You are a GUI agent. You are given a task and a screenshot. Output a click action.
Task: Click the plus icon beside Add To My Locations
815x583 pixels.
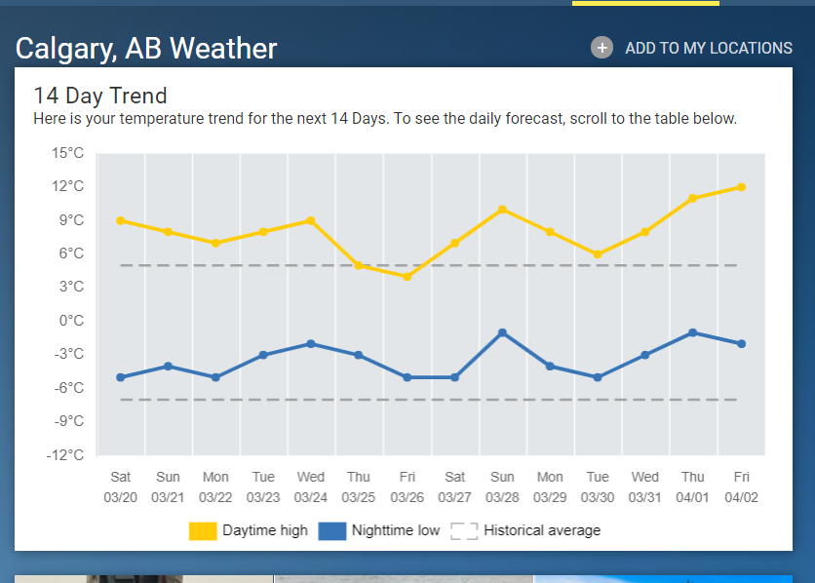tap(602, 48)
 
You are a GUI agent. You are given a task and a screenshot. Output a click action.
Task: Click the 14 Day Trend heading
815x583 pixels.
tap(100, 96)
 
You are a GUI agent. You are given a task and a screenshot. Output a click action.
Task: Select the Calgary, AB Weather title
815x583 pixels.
tap(146, 48)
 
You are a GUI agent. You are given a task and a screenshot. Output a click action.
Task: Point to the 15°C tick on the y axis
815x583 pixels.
tap(68, 153)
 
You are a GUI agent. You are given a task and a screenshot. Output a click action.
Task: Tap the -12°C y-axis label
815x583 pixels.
tap(66, 455)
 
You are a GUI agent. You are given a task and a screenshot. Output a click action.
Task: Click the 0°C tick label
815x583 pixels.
tap(71, 321)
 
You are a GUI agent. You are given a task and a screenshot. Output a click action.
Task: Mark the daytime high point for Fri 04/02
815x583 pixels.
tap(741, 187)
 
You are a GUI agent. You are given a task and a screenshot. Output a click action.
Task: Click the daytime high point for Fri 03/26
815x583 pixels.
tap(407, 277)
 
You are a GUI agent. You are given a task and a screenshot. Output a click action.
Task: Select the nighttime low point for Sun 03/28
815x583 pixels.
tap(502, 332)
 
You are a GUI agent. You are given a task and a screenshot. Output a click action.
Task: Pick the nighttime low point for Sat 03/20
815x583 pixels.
tap(120, 377)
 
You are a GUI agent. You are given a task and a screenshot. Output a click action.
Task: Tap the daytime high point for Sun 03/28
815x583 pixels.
tap(502, 210)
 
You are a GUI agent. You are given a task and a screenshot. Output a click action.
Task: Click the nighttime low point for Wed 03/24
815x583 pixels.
tap(311, 343)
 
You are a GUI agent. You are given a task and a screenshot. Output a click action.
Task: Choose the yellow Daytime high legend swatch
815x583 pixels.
tap(203, 530)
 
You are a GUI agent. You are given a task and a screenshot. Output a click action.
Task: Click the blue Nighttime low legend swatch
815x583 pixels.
tap(332, 530)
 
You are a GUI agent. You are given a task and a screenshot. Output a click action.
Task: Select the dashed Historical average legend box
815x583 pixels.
tap(464, 530)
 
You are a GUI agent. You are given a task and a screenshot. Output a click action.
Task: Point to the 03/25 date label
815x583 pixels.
tap(359, 497)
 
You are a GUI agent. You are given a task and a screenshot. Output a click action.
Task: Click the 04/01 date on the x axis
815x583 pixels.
tap(693, 497)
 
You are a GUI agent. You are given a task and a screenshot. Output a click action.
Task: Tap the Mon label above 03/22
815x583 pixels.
tap(215, 478)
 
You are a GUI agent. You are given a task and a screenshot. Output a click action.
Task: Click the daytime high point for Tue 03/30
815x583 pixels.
tap(598, 254)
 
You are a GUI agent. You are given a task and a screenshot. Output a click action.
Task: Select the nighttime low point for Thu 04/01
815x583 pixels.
tap(693, 332)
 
